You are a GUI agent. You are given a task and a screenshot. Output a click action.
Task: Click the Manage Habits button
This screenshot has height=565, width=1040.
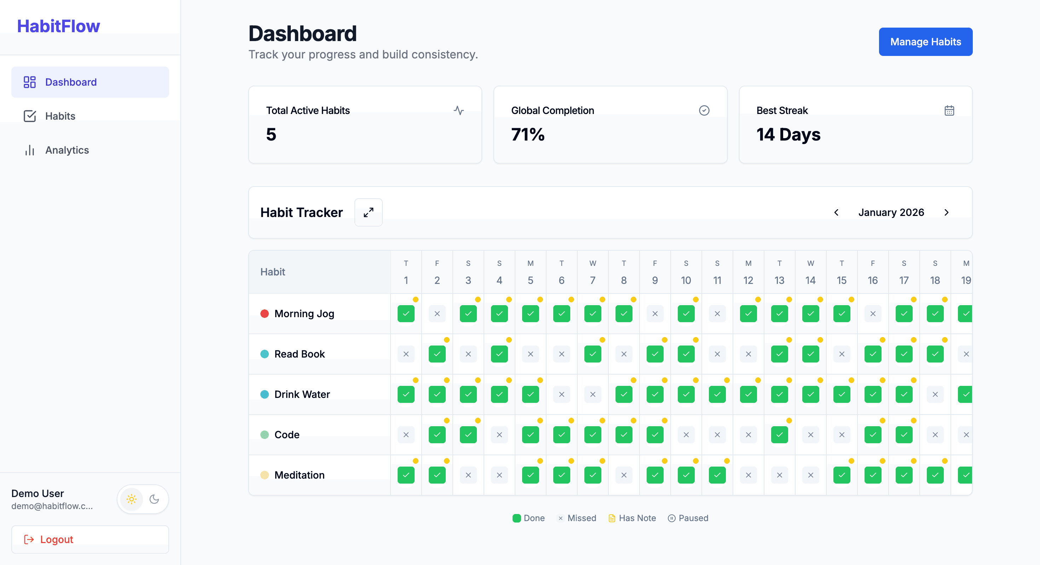925,42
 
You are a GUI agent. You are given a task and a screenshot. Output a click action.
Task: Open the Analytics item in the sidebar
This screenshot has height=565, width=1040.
67,150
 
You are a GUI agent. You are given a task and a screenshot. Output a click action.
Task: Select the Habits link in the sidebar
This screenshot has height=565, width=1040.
60,116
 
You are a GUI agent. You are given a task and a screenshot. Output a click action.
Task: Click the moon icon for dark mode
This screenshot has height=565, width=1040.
154,499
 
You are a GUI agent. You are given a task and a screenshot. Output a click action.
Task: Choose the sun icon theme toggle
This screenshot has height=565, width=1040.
132,499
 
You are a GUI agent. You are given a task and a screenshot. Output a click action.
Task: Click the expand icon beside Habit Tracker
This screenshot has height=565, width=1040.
368,212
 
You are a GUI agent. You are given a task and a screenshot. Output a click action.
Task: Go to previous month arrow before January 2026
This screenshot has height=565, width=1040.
836,212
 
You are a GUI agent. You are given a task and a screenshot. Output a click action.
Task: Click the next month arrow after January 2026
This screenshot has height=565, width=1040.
946,212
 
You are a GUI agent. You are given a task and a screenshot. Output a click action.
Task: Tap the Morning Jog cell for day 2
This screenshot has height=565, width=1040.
437,314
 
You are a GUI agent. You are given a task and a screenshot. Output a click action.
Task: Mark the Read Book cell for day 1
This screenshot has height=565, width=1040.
406,354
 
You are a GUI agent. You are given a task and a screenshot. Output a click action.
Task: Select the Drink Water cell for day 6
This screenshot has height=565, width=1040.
561,394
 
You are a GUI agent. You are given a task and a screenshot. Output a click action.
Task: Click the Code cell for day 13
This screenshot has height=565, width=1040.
779,435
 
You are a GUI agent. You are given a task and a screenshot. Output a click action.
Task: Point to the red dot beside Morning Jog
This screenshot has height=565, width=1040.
265,314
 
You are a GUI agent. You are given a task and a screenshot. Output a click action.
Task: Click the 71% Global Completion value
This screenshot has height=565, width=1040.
528,134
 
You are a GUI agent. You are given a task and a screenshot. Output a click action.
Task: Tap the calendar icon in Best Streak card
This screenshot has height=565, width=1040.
949,110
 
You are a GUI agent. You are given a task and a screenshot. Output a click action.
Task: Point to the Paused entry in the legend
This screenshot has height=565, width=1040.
688,518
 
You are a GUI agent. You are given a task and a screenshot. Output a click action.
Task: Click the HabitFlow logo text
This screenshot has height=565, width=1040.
58,26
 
